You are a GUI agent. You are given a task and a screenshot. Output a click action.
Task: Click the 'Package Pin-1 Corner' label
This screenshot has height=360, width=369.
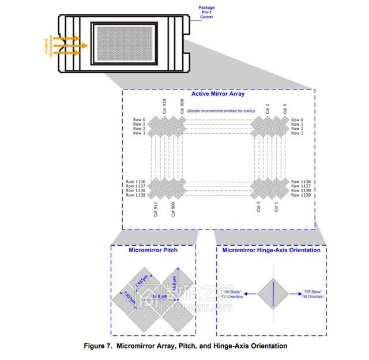[x=206, y=12]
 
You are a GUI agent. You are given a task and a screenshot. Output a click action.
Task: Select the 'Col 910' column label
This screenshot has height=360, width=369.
[x=164, y=106]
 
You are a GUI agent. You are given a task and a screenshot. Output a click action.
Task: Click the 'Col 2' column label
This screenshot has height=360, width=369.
[x=267, y=108]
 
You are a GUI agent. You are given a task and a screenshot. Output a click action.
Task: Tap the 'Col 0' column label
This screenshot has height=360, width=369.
[x=285, y=108]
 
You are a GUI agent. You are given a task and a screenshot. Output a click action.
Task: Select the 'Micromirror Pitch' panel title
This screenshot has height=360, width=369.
[x=153, y=250]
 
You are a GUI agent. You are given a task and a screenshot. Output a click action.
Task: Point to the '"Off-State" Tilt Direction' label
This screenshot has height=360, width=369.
[x=312, y=294]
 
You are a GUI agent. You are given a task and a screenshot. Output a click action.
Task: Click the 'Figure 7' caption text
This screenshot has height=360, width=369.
[x=185, y=346]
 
